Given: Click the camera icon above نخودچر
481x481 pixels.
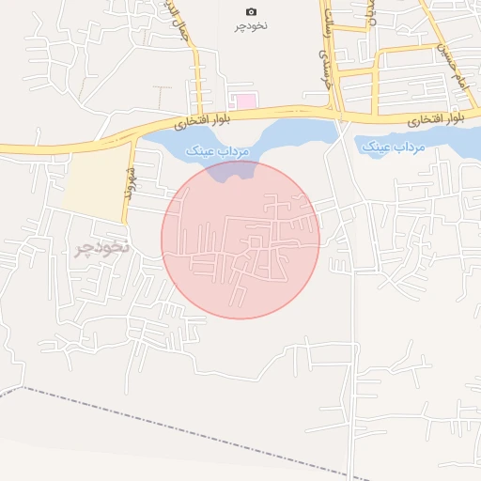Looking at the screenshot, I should (x=251, y=11).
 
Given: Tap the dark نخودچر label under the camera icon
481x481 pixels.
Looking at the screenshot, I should (x=251, y=25).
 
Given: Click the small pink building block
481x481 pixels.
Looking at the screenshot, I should (x=245, y=101).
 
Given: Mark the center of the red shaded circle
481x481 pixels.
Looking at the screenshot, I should (x=240, y=240).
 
